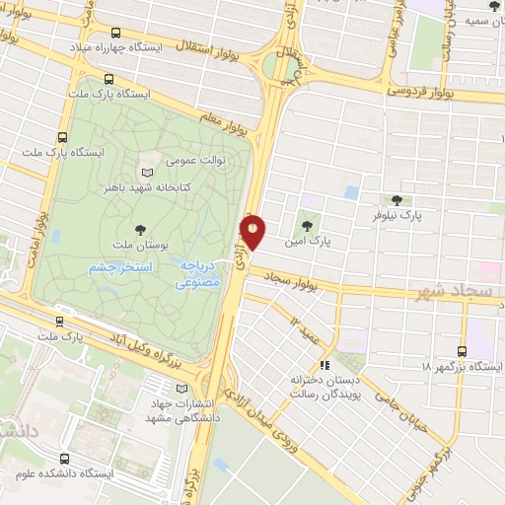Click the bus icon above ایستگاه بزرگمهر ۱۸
[462, 349]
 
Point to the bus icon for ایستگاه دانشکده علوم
[65, 459]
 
